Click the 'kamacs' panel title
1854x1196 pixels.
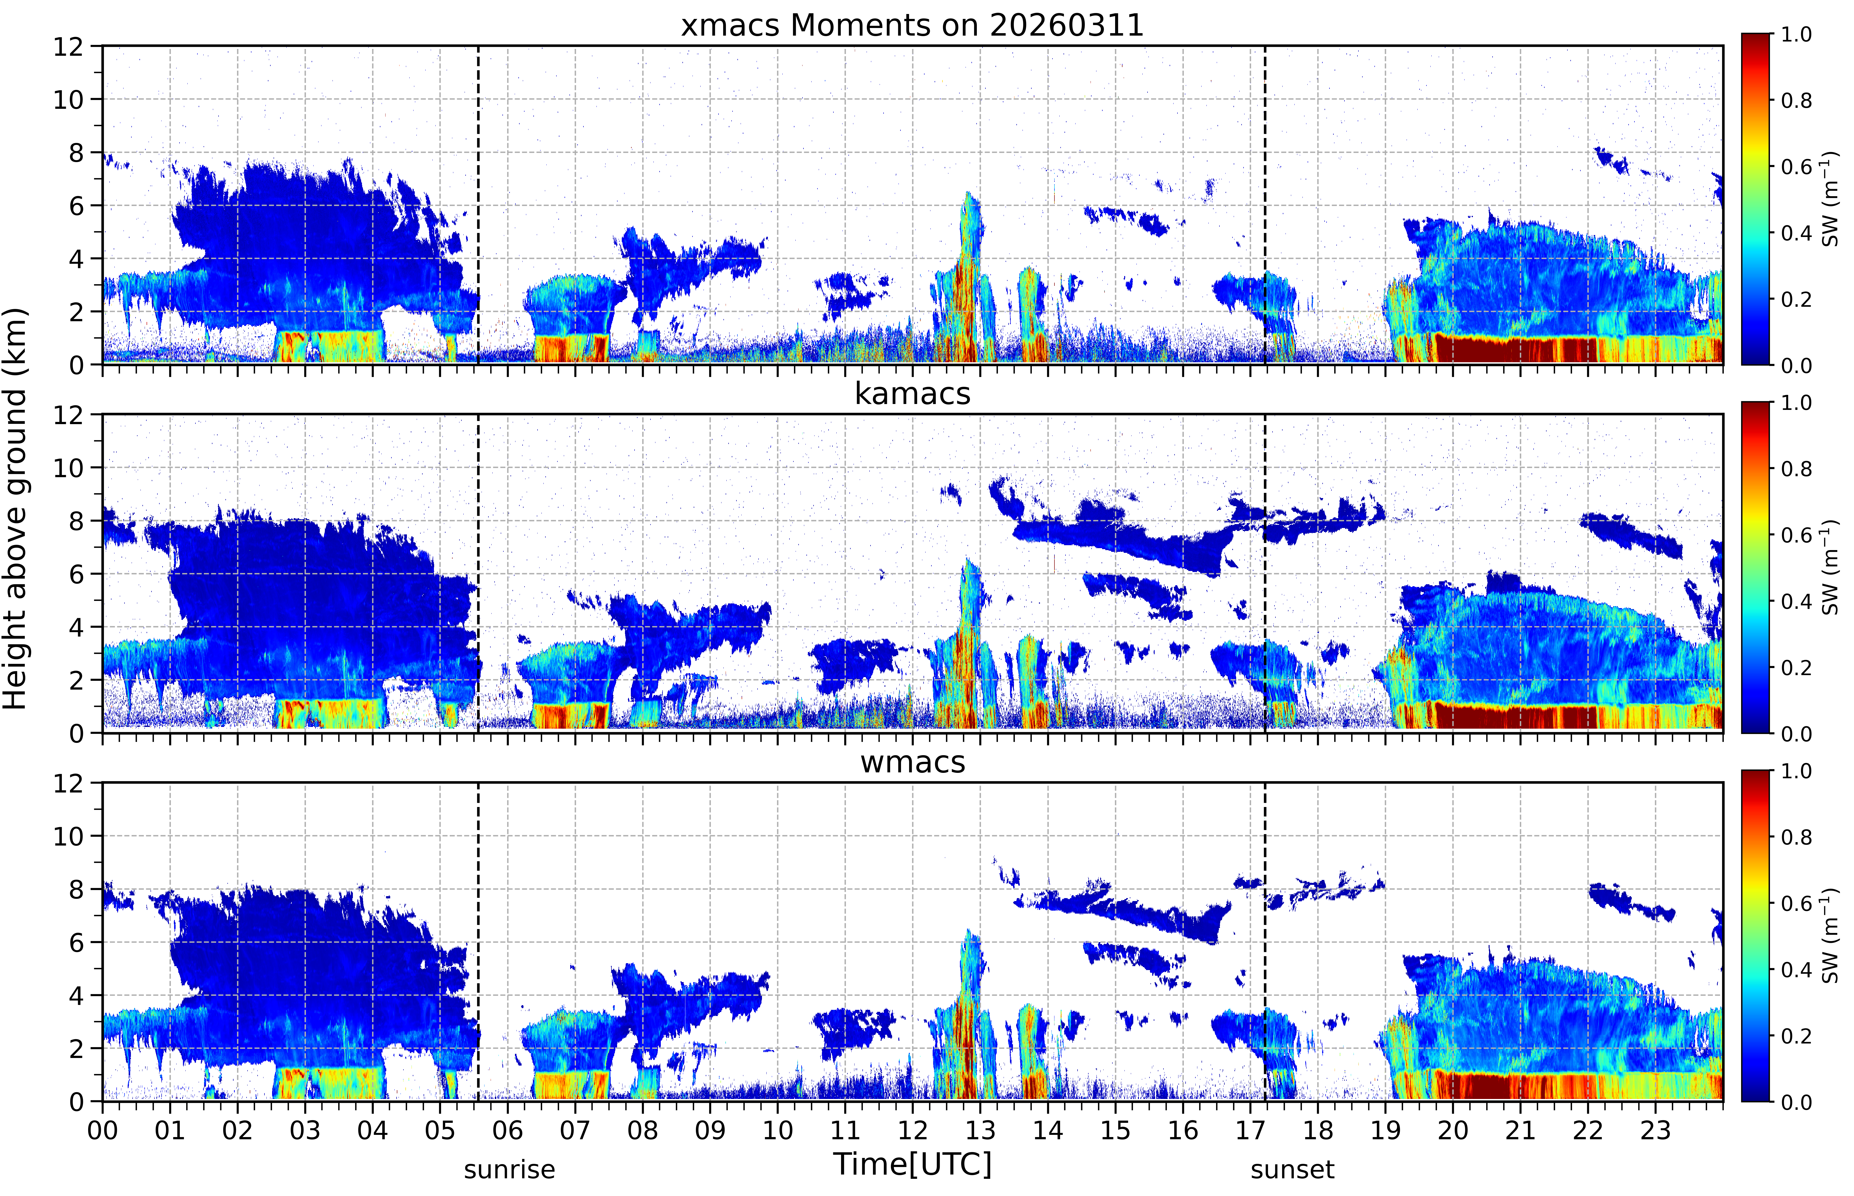point(912,394)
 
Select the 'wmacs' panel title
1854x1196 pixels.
point(912,762)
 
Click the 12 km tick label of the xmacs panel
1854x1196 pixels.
point(68,47)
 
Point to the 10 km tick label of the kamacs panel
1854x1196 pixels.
point(68,468)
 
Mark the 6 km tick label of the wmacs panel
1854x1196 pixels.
point(76,943)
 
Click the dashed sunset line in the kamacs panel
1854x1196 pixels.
point(1265,573)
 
